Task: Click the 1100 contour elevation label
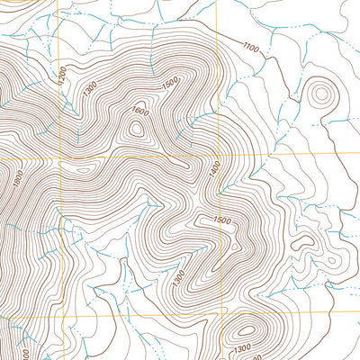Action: [x=250, y=47]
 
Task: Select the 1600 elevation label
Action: [x=138, y=112]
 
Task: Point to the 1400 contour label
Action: [x=215, y=170]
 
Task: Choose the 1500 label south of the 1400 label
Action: [x=222, y=220]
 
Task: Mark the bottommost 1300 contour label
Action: [x=241, y=348]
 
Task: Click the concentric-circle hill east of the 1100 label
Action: [x=319, y=92]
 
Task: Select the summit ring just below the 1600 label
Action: [x=137, y=129]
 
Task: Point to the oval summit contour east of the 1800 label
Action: [x=81, y=167]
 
